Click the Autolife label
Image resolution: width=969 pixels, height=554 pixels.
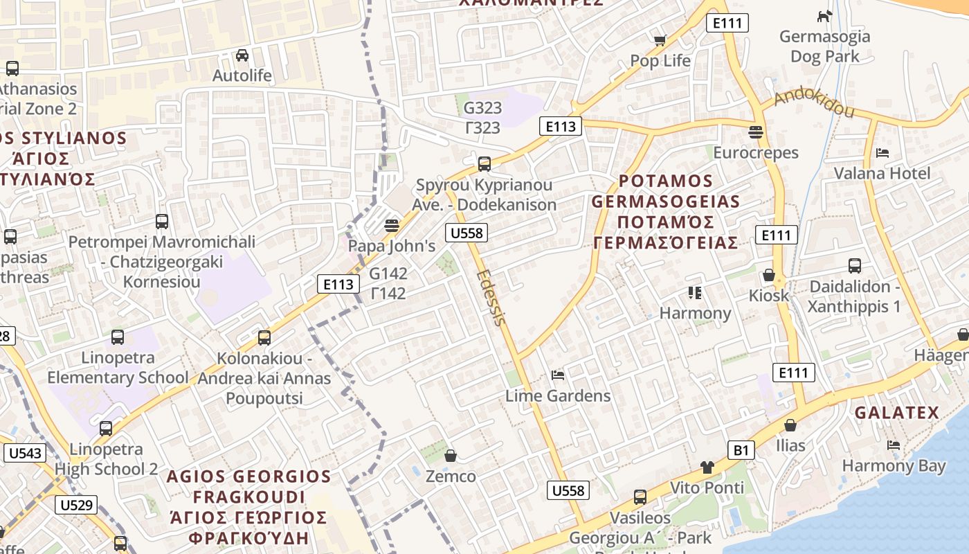click(x=242, y=75)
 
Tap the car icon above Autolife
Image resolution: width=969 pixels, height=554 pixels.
click(x=242, y=55)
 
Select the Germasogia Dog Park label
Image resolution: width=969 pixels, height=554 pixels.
click(x=824, y=46)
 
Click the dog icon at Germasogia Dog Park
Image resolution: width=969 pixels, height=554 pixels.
click(x=824, y=16)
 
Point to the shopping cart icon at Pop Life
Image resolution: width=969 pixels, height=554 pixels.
click(x=660, y=41)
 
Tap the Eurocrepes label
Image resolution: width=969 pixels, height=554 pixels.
click(x=756, y=152)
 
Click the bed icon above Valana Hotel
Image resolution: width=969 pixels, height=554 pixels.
click(x=882, y=153)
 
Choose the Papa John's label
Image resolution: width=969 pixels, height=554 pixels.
click(x=392, y=246)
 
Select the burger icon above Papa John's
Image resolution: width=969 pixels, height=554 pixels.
click(x=392, y=226)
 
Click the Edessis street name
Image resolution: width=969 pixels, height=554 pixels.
click(x=492, y=296)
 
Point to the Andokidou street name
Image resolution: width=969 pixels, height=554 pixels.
click(x=814, y=102)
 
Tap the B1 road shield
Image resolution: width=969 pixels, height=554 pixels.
click(x=741, y=451)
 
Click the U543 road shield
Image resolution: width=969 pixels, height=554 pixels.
click(x=26, y=454)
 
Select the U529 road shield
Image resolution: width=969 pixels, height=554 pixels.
click(x=76, y=504)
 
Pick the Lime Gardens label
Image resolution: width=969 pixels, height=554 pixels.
click(x=558, y=395)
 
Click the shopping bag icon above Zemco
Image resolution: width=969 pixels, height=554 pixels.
click(x=451, y=456)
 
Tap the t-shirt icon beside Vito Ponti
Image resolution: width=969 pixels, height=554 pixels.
click(x=707, y=467)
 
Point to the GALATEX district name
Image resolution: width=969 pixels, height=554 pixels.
click(x=896, y=413)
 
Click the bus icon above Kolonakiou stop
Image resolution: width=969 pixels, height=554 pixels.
click(x=264, y=338)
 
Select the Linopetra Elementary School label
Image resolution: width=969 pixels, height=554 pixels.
click(x=118, y=368)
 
